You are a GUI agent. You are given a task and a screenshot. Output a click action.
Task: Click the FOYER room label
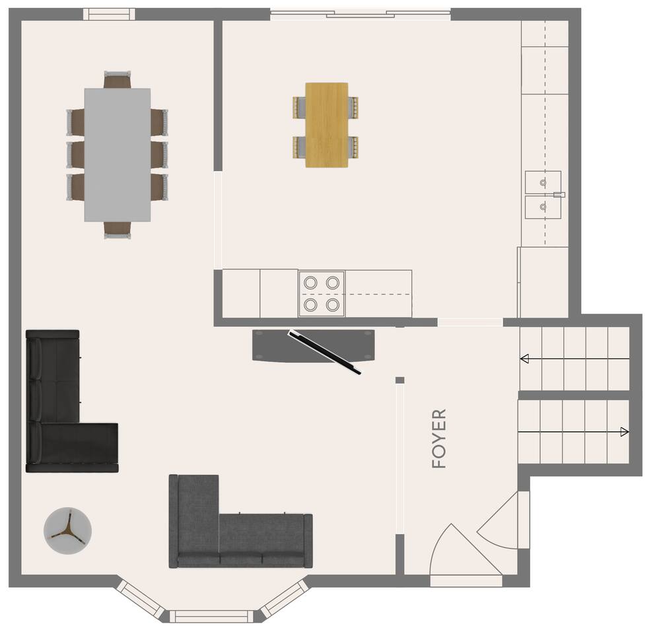pyautogui.click(x=439, y=439)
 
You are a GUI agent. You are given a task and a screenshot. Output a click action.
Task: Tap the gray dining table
pyautogui.click(x=118, y=155)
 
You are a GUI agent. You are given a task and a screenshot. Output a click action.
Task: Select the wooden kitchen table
pyautogui.click(x=326, y=125)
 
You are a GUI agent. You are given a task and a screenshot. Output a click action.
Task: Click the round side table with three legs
pyautogui.click(x=67, y=530)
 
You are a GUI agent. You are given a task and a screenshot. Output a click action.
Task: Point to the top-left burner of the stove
pyautogui.click(x=310, y=283)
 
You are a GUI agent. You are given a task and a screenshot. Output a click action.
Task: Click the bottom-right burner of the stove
pyautogui.click(x=332, y=305)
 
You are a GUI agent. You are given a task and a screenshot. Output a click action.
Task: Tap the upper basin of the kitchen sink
pyautogui.click(x=543, y=182)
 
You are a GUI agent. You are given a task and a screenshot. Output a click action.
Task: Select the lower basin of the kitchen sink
pyautogui.click(x=543, y=207)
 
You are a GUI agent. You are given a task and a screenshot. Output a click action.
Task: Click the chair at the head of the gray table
pyautogui.click(x=118, y=79)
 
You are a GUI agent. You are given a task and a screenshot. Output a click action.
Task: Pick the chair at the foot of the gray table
pyautogui.click(x=118, y=230)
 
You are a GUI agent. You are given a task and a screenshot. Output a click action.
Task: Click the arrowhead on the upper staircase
pyautogui.click(x=525, y=358)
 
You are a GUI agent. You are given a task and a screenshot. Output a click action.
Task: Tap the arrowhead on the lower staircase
pyautogui.click(x=624, y=431)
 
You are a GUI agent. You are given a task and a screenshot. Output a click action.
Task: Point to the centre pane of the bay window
pyautogui.click(x=211, y=616)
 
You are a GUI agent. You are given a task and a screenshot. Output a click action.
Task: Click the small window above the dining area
pyautogui.click(x=109, y=14)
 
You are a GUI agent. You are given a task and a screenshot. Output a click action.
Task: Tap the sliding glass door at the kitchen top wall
pyautogui.click(x=361, y=15)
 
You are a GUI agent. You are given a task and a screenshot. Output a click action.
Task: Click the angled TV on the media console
pyautogui.click(x=326, y=352)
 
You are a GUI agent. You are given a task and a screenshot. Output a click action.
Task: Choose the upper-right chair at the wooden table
pyautogui.click(x=353, y=107)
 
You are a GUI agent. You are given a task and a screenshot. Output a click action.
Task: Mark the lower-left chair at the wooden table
pyautogui.click(x=299, y=147)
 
